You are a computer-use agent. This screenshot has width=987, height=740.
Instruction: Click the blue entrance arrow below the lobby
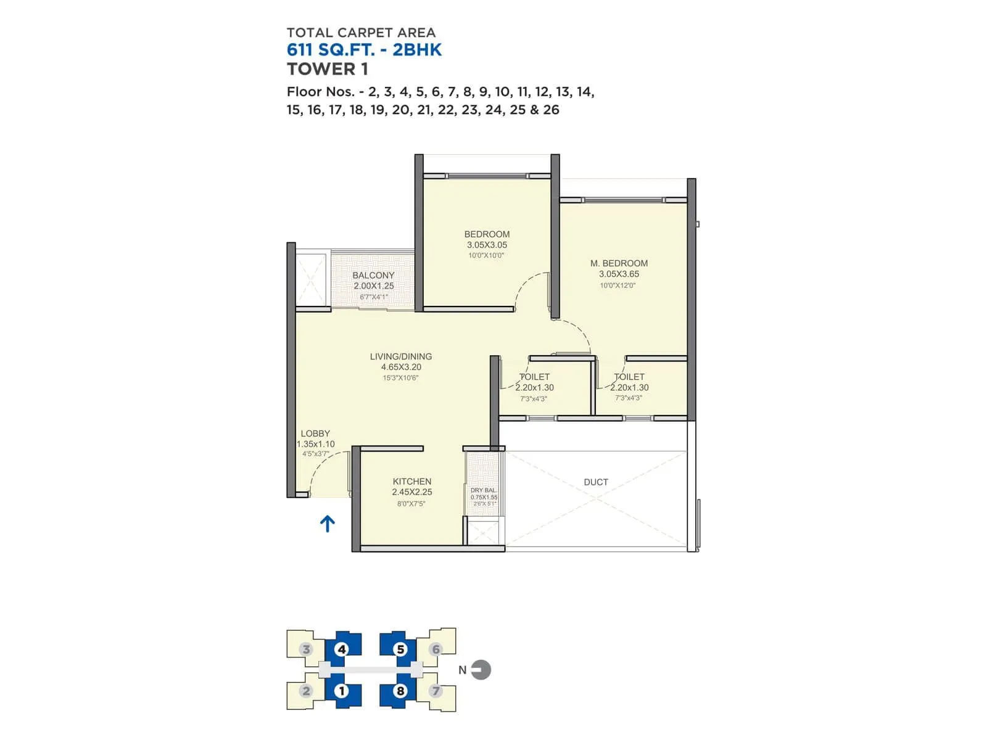coord(328,524)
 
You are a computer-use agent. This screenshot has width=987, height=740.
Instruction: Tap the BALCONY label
coord(373,275)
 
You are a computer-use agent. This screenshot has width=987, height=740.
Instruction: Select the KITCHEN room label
coord(412,481)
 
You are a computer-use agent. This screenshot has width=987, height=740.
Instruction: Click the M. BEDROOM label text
coord(619,263)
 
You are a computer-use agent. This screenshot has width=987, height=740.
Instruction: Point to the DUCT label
coord(596,482)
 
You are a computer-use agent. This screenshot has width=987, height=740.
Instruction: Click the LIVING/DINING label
coord(401,356)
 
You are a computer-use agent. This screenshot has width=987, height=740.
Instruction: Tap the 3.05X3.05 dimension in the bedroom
coord(487,244)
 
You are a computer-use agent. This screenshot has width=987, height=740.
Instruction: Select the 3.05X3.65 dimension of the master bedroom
coord(619,274)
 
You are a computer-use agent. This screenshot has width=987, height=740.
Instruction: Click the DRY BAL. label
coord(483,490)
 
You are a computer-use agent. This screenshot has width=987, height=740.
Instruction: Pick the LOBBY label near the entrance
coord(315,433)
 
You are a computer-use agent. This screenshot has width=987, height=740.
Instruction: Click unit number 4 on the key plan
coord(341,649)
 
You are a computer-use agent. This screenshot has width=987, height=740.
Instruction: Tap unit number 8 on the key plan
coord(400,691)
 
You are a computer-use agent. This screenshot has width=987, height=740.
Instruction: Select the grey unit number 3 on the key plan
coord(306,649)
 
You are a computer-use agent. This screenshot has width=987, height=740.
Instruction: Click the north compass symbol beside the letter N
coord(481,670)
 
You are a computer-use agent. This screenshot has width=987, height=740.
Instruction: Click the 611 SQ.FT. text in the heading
coord(330,50)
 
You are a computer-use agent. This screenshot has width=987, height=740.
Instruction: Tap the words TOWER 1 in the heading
coord(328,69)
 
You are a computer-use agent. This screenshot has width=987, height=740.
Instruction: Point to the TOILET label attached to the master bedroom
coord(629,376)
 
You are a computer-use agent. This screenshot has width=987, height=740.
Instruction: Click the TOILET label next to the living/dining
coord(534,376)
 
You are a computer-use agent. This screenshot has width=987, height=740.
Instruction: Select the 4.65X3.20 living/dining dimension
coord(401,367)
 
